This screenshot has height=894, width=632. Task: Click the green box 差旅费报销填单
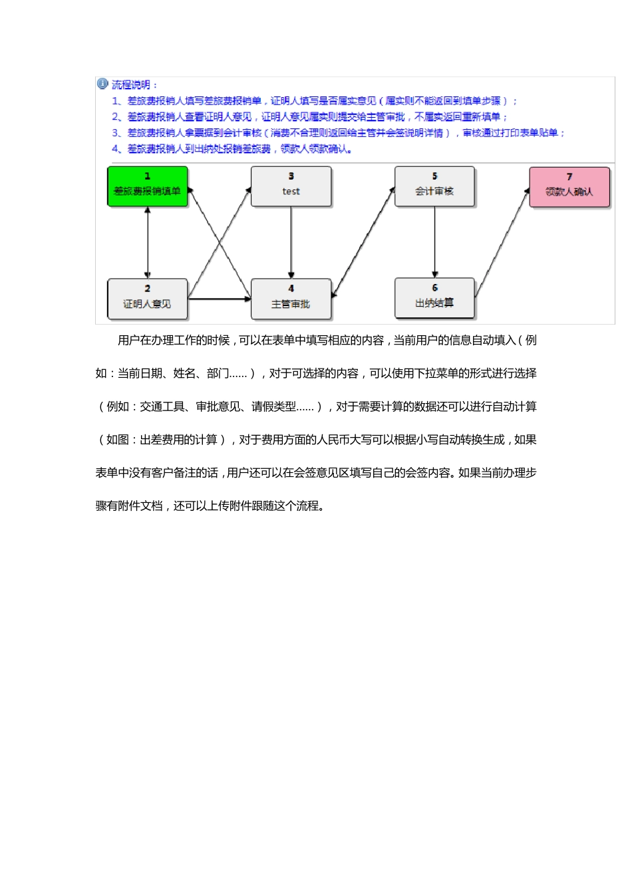148,186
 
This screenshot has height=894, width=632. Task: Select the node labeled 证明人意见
147,299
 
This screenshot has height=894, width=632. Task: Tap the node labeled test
291,186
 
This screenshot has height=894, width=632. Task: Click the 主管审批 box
291,299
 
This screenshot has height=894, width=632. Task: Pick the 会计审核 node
434,186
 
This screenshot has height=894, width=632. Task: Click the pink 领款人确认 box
569,187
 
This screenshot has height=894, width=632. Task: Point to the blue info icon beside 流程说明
102,84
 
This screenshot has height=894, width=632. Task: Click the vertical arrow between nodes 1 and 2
148,242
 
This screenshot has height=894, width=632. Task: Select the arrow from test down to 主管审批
291,242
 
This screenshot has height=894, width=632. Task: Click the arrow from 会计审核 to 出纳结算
434,242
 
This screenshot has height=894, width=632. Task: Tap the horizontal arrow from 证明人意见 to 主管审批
220,299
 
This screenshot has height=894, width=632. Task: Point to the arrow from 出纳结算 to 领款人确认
502,242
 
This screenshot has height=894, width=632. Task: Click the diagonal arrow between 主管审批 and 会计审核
363,242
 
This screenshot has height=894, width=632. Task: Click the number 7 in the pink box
569,177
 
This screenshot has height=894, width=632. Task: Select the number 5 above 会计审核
434,176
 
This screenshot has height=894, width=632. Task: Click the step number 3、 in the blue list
118,133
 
